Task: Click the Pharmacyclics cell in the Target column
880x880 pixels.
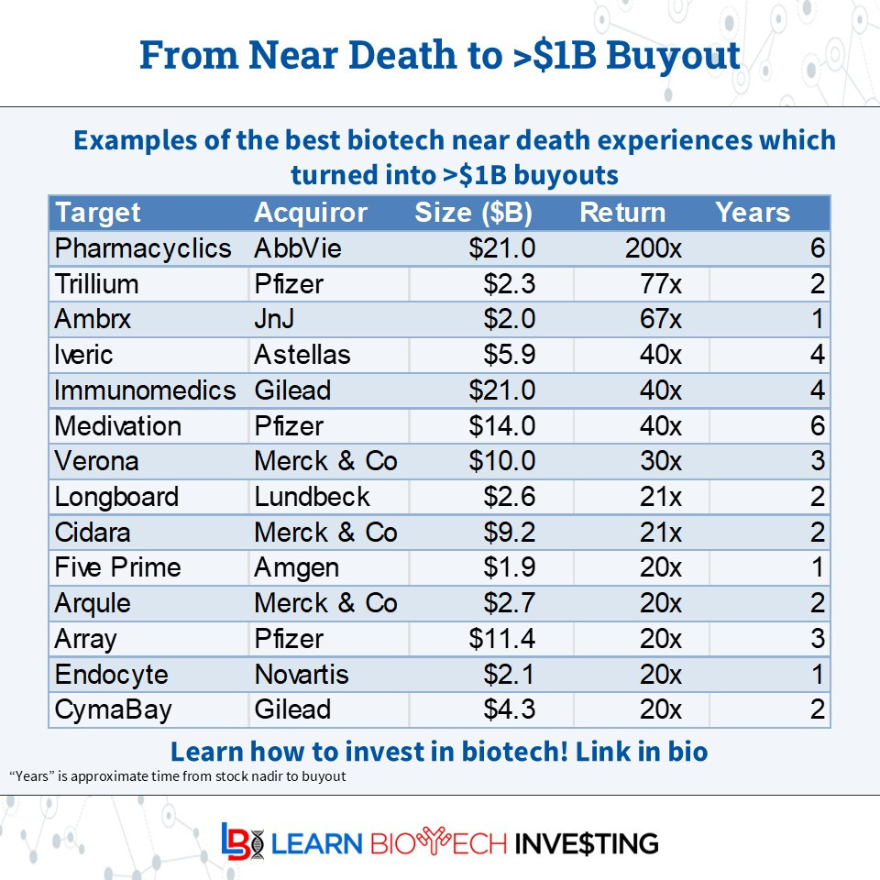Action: (x=142, y=248)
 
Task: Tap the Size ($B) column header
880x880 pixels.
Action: (x=473, y=213)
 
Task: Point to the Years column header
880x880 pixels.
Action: (x=752, y=213)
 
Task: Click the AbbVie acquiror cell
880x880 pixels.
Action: (x=292, y=248)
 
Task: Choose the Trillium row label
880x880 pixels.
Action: (x=96, y=284)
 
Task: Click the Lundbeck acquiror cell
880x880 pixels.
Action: (x=312, y=497)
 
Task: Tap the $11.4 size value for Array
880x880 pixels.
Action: (x=501, y=639)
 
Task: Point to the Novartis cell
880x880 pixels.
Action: (x=301, y=675)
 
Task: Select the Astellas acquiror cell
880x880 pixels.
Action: (x=302, y=355)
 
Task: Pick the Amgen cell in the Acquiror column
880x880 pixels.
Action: (x=296, y=567)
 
